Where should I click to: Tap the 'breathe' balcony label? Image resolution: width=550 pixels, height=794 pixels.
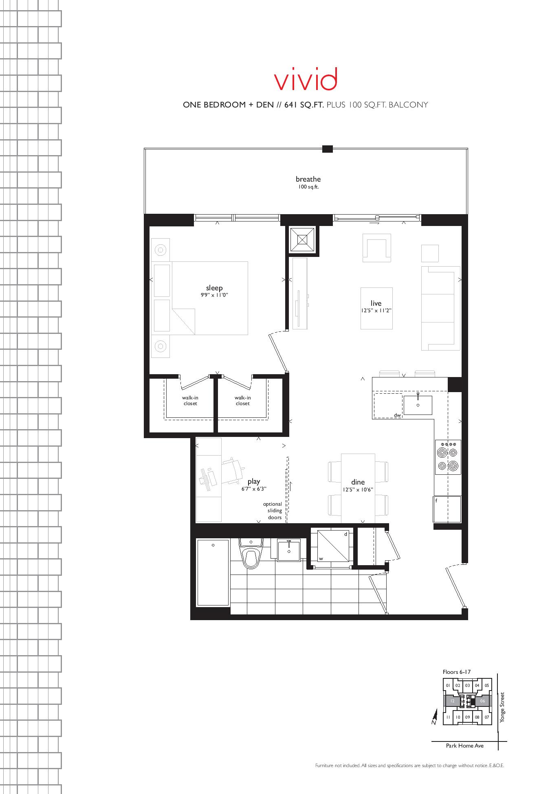308,179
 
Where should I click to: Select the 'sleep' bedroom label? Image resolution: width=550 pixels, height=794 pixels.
214,288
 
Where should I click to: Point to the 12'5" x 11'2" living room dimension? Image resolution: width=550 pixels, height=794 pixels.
376,311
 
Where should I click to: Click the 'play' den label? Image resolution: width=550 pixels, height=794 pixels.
253,482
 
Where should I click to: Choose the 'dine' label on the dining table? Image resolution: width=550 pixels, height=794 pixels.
358,482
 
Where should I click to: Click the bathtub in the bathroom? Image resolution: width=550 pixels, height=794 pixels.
213,572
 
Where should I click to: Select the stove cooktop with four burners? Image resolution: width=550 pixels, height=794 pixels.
448,457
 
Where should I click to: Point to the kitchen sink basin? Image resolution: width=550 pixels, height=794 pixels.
418,405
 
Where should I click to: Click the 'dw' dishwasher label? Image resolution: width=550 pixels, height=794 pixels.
398,415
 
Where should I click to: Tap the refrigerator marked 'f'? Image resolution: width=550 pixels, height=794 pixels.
447,509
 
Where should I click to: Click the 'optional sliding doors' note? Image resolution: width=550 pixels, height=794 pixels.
273,511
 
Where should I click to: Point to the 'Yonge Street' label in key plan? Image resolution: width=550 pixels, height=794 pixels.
502,707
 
